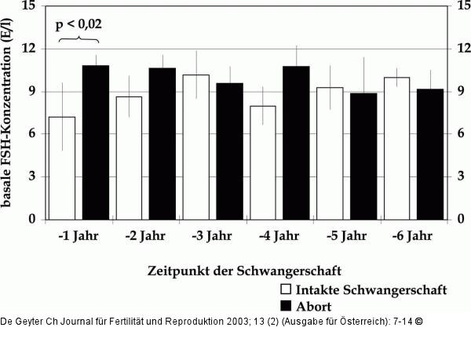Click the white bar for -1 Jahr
tap(62, 168)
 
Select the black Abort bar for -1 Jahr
tap(95, 142)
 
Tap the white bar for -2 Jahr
tap(129, 158)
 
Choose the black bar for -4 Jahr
tap(296, 142)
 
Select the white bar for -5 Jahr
tap(330, 153)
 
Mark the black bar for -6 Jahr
tap(430, 154)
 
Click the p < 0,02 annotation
tap(78, 25)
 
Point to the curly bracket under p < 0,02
tap(78, 40)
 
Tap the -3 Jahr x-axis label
tap(212, 235)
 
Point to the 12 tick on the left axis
tap(30, 49)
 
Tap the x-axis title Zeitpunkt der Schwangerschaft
tap(244, 271)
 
